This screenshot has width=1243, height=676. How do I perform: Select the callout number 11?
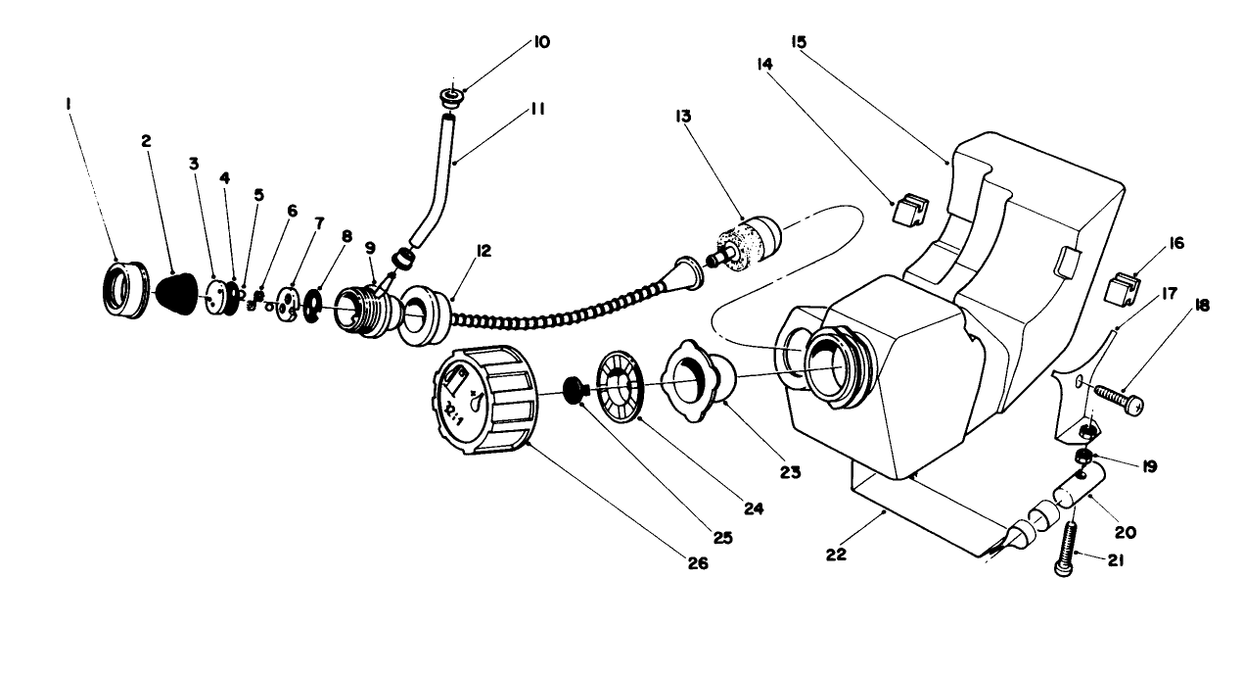click(537, 109)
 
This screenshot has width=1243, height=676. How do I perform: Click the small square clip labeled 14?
click(908, 210)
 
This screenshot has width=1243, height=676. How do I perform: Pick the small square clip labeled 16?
click(1121, 289)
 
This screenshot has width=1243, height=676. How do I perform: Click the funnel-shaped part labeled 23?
click(699, 376)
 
